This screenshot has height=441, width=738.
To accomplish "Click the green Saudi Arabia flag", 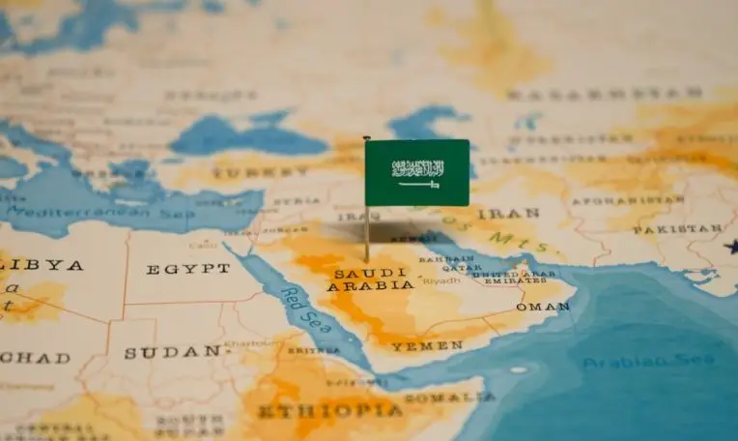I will (x=417, y=172).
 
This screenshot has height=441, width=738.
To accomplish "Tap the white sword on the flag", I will (x=418, y=184).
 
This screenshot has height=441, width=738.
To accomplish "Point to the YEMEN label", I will (x=427, y=345).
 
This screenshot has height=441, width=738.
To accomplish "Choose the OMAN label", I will (x=543, y=306).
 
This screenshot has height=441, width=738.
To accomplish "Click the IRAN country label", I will (x=495, y=213).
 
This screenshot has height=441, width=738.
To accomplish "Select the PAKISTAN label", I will (x=677, y=229).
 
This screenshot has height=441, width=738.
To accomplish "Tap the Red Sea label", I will (x=298, y=308).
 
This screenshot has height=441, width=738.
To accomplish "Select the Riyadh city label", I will (x=441, y=280).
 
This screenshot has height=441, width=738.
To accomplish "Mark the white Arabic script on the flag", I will (x=418, y=167).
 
